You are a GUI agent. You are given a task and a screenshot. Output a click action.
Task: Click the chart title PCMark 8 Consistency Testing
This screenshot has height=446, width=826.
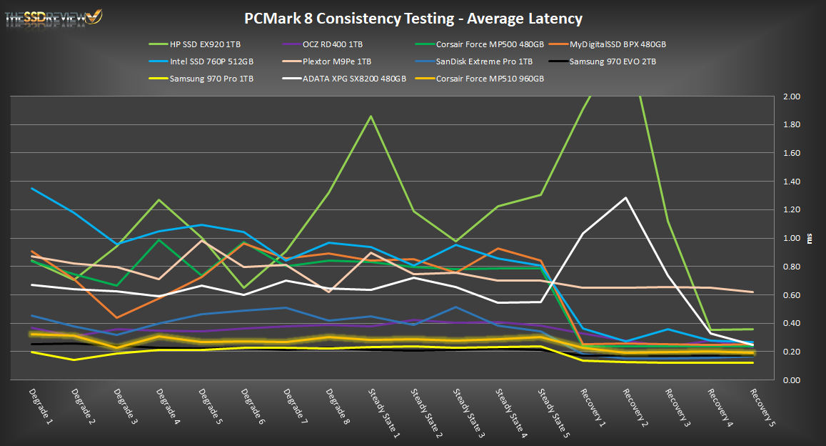tap(413, 18)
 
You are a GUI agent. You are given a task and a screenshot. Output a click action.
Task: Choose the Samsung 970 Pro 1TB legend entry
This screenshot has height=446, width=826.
tap(212, 78)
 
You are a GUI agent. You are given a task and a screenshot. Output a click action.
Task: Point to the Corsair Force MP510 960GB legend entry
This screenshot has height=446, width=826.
tap(490, 78)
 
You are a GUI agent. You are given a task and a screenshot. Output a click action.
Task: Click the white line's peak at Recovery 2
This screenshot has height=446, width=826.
tap(626, 197)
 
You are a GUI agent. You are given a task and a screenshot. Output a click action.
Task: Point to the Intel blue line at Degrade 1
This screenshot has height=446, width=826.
tap(31, 188)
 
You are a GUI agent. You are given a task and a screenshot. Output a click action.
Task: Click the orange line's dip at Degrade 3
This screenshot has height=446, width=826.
tap(116, 317)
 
